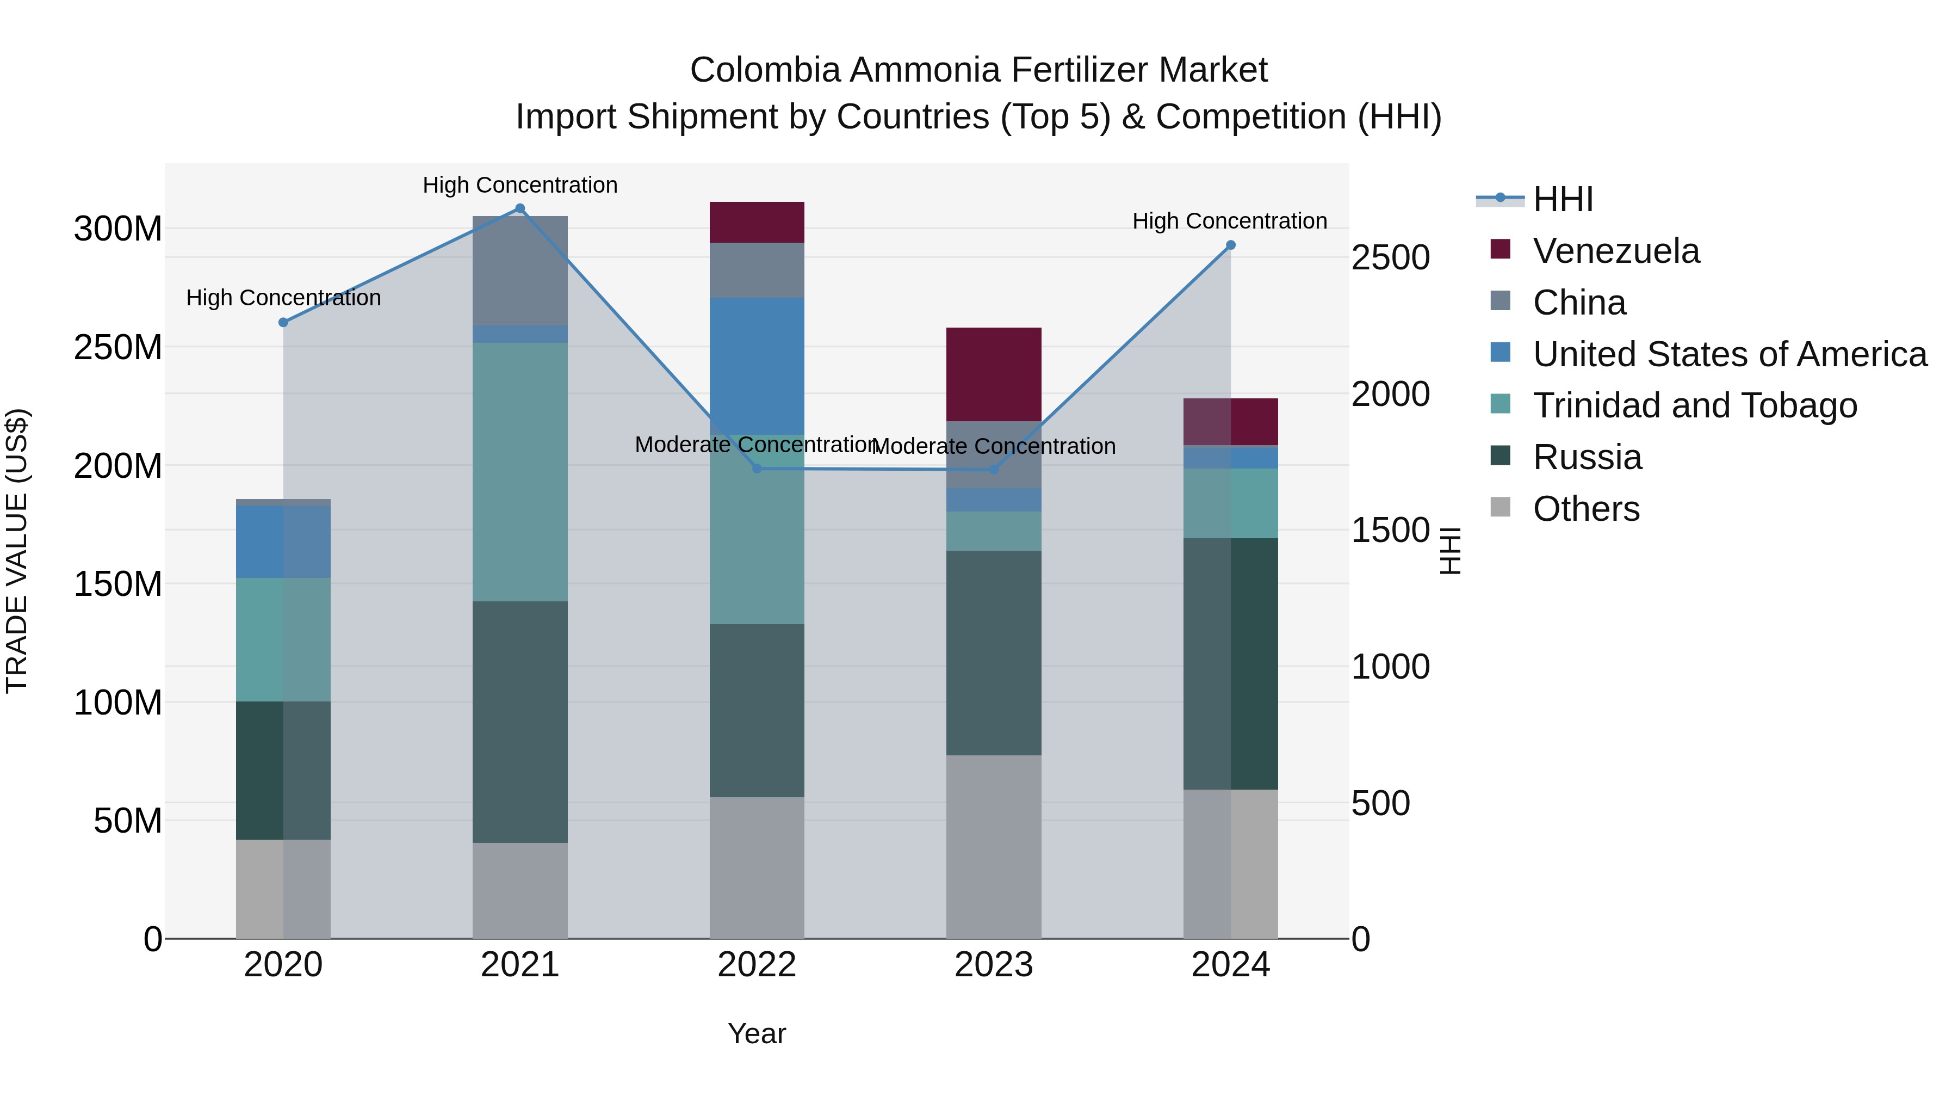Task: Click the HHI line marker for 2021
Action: pos(520,208)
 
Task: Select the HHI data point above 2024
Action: pos(1231,245)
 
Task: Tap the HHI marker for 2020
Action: pos(283,323)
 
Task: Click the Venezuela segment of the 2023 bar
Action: pos(994,374)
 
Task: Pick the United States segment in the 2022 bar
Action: pos(757,366)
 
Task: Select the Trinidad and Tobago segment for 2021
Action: pos(520,471)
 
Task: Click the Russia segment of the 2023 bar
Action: pos(994,652)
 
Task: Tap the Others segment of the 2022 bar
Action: pos(757,867)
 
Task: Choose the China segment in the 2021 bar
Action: pos(520,271)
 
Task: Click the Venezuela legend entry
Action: pos(1615,251)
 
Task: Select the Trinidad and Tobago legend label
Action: pos(1694,405)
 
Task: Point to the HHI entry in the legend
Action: pos(1563,199)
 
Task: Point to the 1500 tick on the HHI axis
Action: pos(1390,530)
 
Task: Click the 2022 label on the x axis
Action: pos(757,965)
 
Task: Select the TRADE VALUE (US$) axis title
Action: pos(17,551)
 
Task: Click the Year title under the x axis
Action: pos(757,1033)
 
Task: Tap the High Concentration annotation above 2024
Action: pos(1229,221)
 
